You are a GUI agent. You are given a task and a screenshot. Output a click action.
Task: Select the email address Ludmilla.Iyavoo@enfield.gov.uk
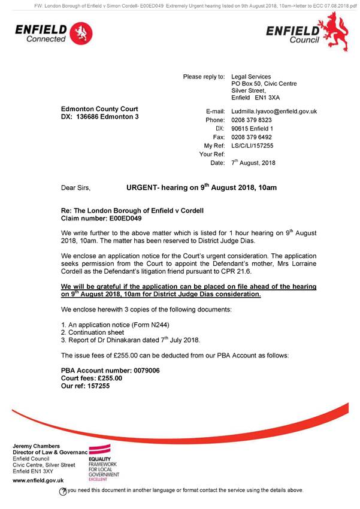[274, 111]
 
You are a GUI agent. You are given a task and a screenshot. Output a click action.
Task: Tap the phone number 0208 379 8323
[252, 120]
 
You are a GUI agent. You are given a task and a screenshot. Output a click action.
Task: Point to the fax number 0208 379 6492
[252, 137]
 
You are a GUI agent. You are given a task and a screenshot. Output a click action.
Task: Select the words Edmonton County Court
[99, 109]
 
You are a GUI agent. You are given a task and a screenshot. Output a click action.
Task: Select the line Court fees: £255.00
[92, 378]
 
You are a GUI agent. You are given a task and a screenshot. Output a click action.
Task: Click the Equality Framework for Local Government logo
[104, 463]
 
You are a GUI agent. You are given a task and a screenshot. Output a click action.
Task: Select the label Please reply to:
[204, 77]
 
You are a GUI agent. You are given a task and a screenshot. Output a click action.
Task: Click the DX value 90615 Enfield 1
[252, 129]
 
